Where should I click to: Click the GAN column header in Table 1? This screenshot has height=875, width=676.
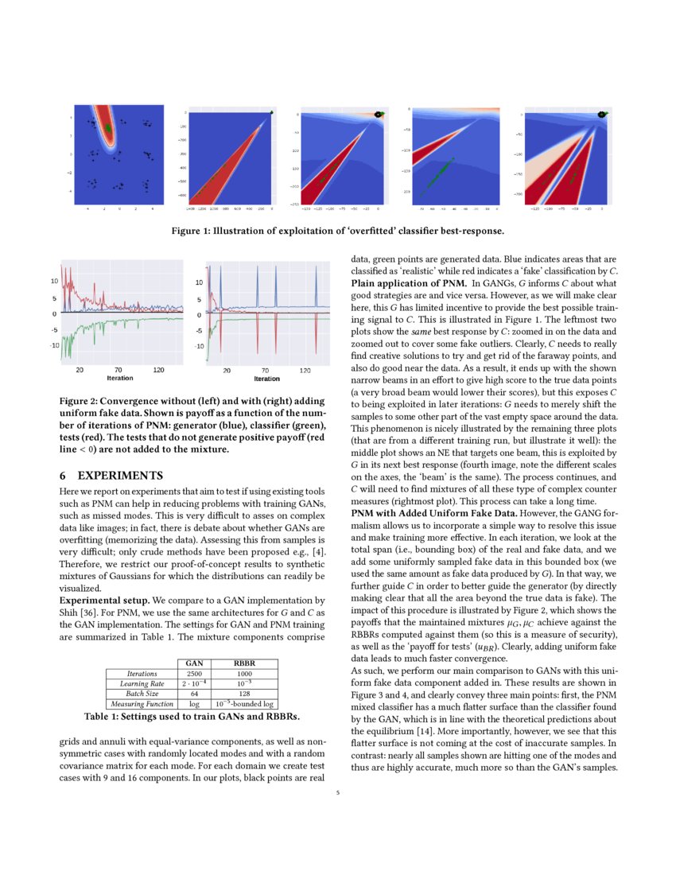coord(193,662)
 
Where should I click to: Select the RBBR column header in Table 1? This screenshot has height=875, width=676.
coord(243,662)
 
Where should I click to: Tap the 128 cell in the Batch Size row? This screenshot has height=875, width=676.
coord(243,693)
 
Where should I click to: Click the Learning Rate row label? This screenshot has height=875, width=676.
coord(141,682)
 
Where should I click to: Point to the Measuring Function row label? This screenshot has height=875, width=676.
coord(141,703)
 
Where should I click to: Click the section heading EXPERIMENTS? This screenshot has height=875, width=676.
coord(119,475)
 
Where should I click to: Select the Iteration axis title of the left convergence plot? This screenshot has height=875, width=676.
coord(119,379)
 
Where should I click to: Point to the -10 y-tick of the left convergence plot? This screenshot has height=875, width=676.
coord(55,345)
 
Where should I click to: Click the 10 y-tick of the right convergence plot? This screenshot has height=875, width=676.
coord(199,282)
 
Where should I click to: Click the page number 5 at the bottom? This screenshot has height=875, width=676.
coord(337,791)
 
